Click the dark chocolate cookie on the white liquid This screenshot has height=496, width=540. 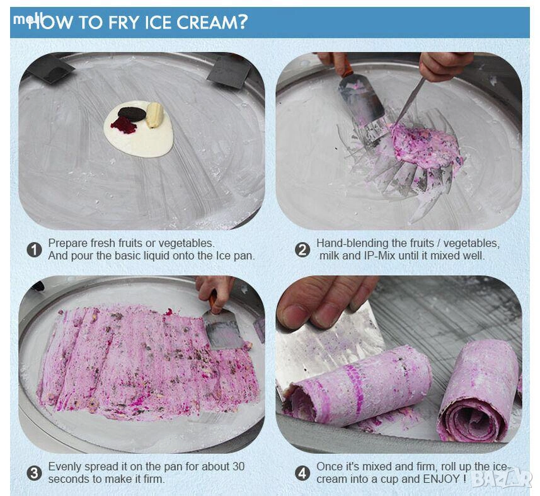(x=132, y=113)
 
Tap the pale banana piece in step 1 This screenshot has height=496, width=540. (x=154, y=115)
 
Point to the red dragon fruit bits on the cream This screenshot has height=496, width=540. (x=124, y=125)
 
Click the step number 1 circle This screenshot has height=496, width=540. (x=34, y=250)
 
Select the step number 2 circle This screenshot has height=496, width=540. (x=302, y=250)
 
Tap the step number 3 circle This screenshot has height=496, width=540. (x=34, y=473)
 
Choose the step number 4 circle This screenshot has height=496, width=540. (x=302, y=473)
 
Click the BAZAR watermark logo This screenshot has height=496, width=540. (x=502, y=478)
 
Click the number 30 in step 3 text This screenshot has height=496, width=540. (x=238, y=467)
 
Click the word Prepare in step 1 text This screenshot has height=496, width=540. (x=67, y=243)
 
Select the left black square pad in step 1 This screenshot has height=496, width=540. (x=50, y=68)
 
